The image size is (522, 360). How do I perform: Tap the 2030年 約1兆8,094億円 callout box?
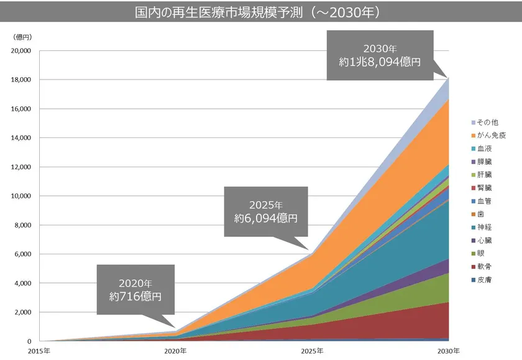(x=380, y=56)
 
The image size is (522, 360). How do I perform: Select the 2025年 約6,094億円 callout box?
(x=265, y=211)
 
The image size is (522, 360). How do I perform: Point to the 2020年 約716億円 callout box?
(x=135, y=290)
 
